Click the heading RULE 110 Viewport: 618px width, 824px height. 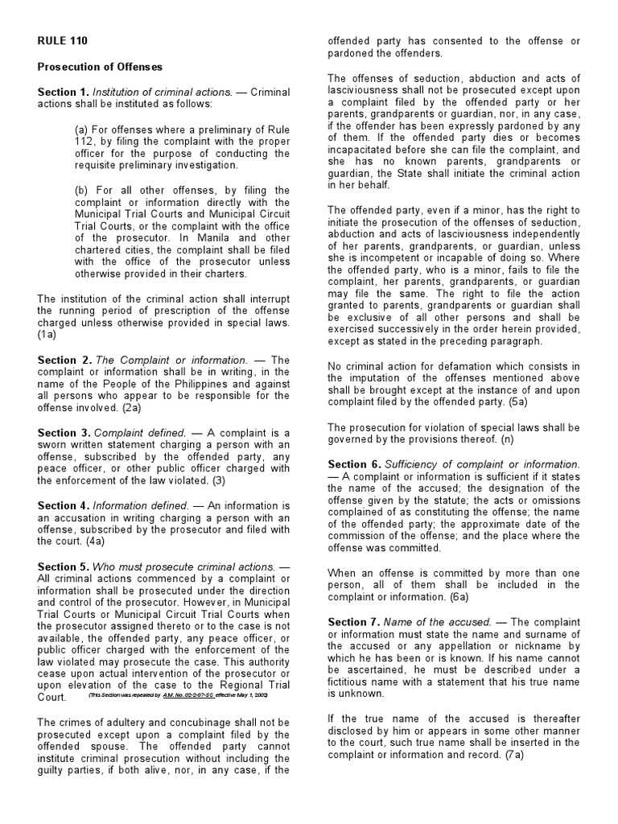pos(63,40)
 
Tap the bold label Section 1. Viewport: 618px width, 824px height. pos(63,93)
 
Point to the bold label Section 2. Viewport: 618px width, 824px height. pos(63,360)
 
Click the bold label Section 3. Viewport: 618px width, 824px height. pos(63,433)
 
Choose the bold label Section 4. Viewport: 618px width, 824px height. pos(63,505)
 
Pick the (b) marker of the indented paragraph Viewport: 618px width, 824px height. pos(81,191)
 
